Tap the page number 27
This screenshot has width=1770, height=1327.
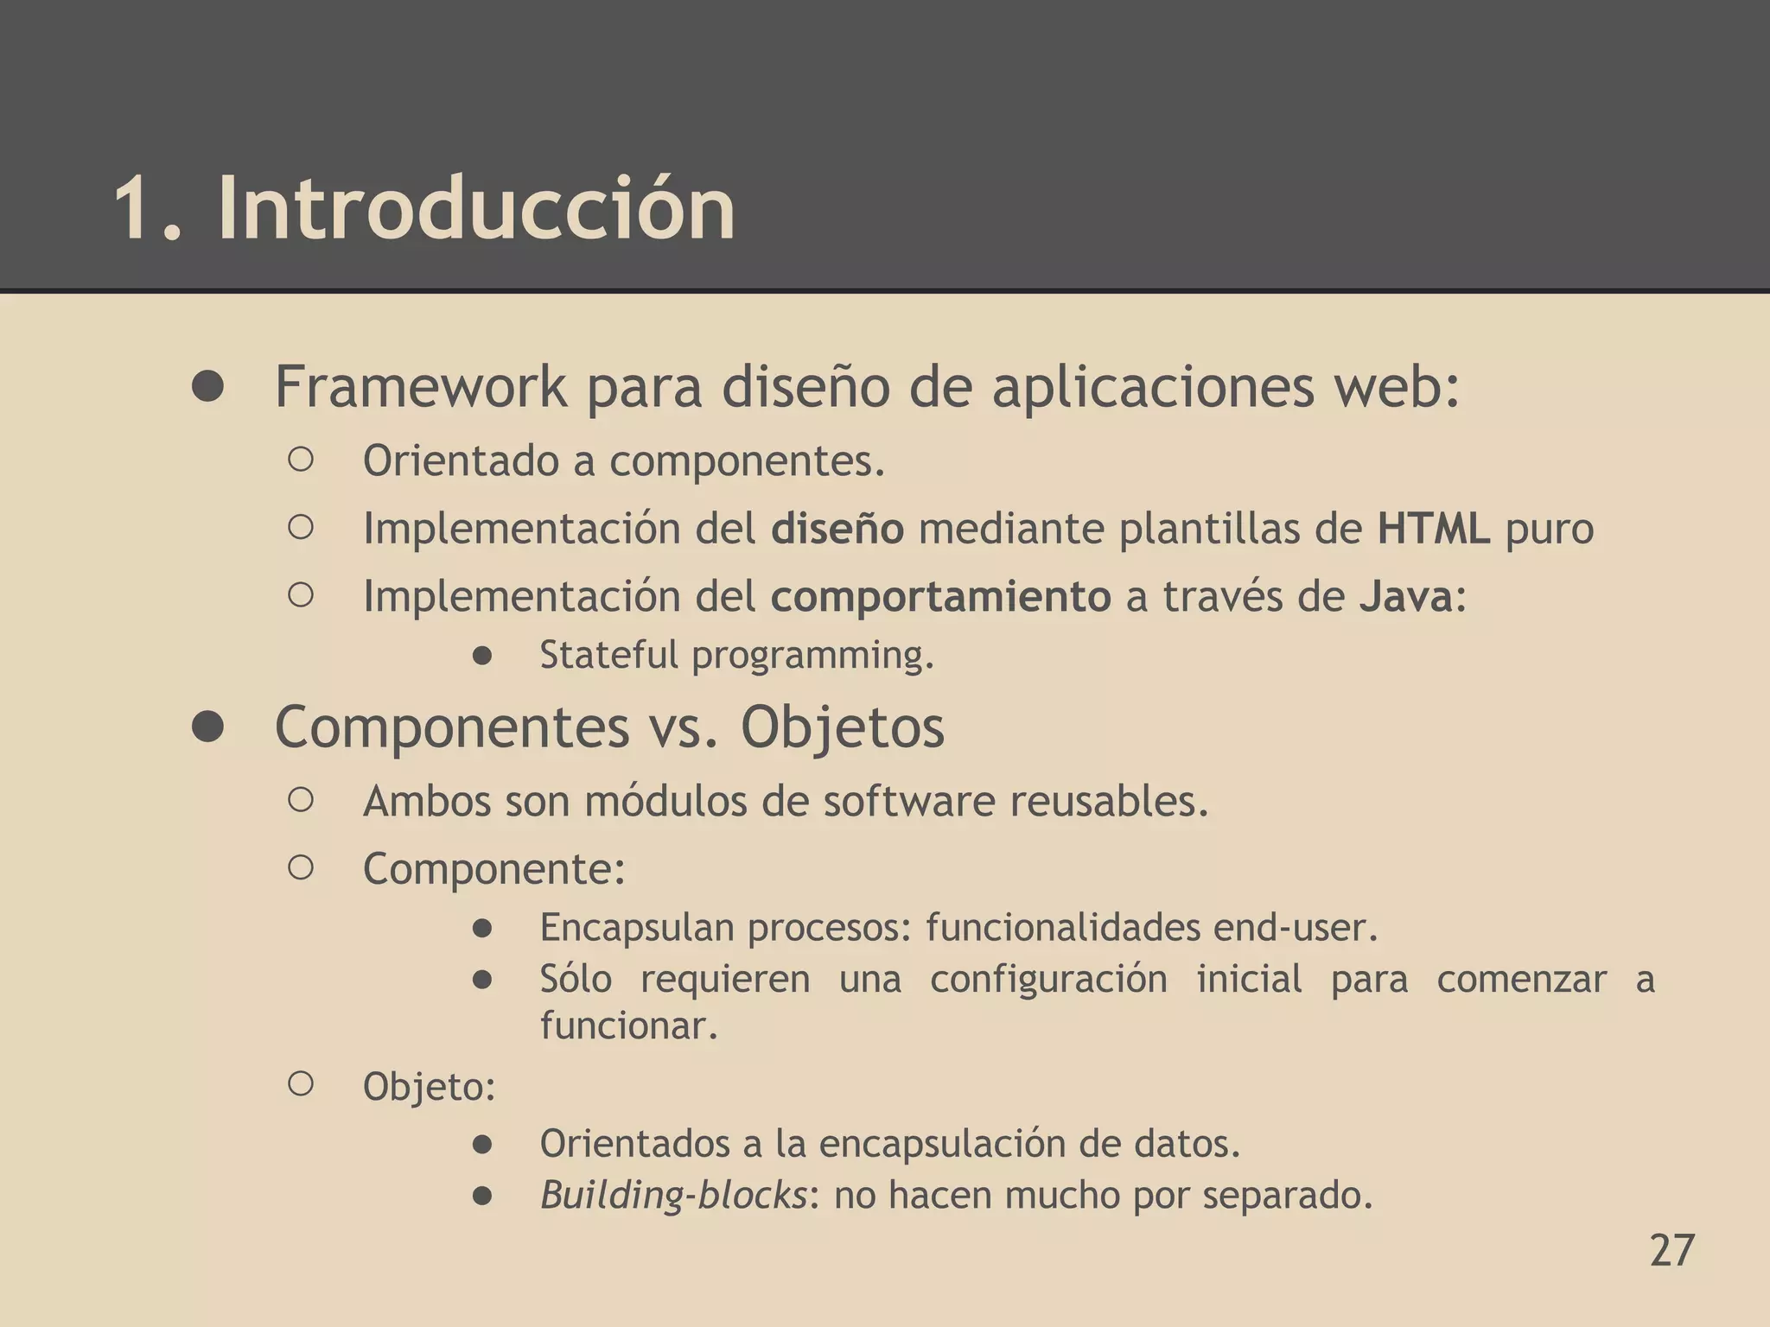pyautogui.click(x=1671, y=1250)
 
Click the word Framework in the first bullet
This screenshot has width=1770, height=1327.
pyautogui.click(x=421, y=387)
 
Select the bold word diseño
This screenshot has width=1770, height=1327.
pyautogui.click(x=837, y=529)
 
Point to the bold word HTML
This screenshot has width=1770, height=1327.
pyautogui.click(x=1434, y=529)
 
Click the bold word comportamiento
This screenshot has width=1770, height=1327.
pyautogui.click(x=940, y=596)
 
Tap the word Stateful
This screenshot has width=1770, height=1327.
pyautogui.click(x=608, y=654)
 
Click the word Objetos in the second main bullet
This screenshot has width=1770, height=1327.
pyautogui.click(x=843, y=727)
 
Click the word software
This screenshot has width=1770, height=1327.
pyautogui.click(x=908, y=801)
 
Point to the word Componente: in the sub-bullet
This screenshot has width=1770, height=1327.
pyautogui.click(x=493, y=868)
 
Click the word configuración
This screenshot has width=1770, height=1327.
pyautogui.click(x=1048, y=979)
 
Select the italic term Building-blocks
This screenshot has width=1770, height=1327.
pyautogui.click(x=673, y=1195)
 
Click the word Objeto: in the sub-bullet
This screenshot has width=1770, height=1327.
pyautogui.click(x=429, y=1086)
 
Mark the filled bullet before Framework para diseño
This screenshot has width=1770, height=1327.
pyautogui.click(x=208, y=387)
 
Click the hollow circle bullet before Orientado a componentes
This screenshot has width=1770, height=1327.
pyautogui.click(x=300, y=460)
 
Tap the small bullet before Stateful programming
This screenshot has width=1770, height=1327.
pyautogui.click(x=482, y=656)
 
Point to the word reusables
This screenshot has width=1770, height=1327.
pyautogui.click(x=1109, y=801)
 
